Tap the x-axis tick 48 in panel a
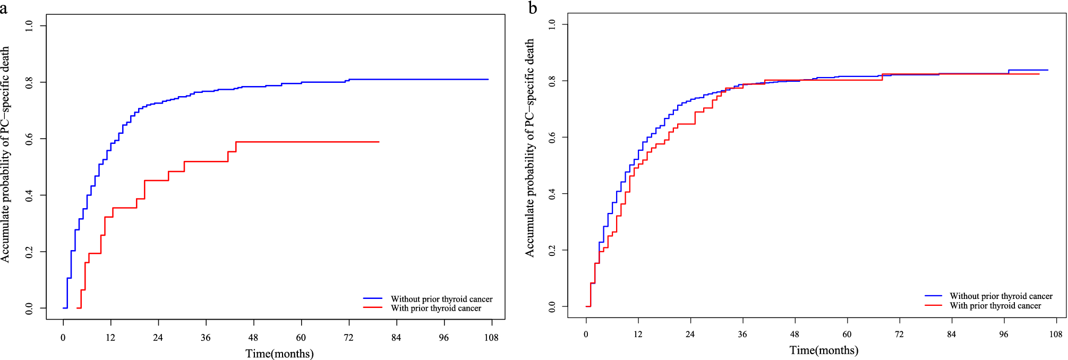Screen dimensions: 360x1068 (x=253, y=338)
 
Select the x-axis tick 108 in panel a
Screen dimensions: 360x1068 (x=491, y=338)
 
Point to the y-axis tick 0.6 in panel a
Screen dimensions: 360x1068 (x=29, y=139)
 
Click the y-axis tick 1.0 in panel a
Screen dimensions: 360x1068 (x=29, y=25)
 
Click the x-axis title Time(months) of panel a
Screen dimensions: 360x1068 (x=279, y=354)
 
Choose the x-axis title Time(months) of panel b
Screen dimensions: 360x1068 (x=824, y=350)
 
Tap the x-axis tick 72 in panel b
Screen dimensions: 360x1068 (x=899, y=335)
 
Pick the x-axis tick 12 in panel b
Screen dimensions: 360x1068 (x=638, y=335)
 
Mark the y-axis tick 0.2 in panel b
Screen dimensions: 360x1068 (x=552, y=250)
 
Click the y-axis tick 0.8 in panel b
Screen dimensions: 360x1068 (x=552, y=81)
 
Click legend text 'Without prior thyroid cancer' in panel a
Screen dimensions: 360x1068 (x=441, y=299)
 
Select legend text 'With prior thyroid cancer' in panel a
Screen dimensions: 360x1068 (x=435, y=308)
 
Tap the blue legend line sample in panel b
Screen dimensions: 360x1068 (x=933, y=296)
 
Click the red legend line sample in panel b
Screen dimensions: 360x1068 (x=933, y=305)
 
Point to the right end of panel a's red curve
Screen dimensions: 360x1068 (x=379, y=142)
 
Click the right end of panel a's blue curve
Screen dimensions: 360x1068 (x=488, y=79)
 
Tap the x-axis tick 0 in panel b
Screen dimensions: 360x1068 (x=586, y=335)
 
